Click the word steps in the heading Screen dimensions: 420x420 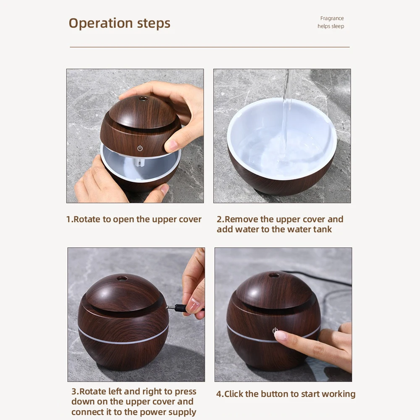154,23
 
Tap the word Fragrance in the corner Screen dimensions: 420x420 332,18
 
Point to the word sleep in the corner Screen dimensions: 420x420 338,26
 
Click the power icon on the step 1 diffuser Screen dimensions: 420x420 140,148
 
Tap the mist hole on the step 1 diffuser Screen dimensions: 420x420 142,99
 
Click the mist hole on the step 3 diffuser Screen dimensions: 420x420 123,278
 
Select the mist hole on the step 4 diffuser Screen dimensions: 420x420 274,275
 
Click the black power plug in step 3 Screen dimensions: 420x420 179,308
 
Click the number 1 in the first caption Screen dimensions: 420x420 68,219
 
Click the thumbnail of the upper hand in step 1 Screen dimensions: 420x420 172,145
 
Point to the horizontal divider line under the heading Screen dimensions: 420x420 210,47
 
